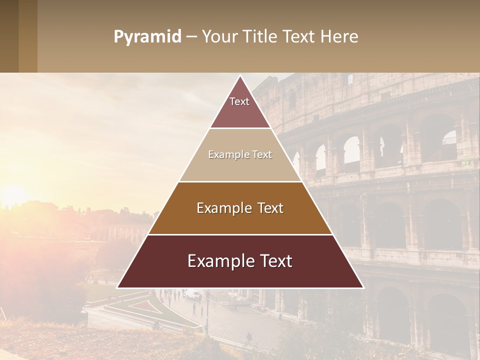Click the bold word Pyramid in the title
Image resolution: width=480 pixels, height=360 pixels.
[x=147, y=36]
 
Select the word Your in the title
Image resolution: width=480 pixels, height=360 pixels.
[x=218, y=36]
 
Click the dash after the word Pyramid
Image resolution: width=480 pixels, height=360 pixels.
[x=190, y=37]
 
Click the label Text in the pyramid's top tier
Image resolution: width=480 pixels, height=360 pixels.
[x=239, y=101]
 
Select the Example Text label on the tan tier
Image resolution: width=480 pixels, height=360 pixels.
[x=240, y=154]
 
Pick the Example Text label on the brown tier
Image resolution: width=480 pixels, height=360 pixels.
[x=240, y=208]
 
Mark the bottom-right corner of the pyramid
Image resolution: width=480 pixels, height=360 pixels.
[x=363, y=287]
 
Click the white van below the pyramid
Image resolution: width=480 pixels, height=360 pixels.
[x=192, y=295]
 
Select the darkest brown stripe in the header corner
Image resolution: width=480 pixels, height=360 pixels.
[x=9, y=36]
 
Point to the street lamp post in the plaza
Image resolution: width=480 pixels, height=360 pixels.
[x=207, y=315]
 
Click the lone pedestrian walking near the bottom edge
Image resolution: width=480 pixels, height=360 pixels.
[x=249, y=338]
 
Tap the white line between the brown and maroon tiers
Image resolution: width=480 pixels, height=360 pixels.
[x=240, y=234]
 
